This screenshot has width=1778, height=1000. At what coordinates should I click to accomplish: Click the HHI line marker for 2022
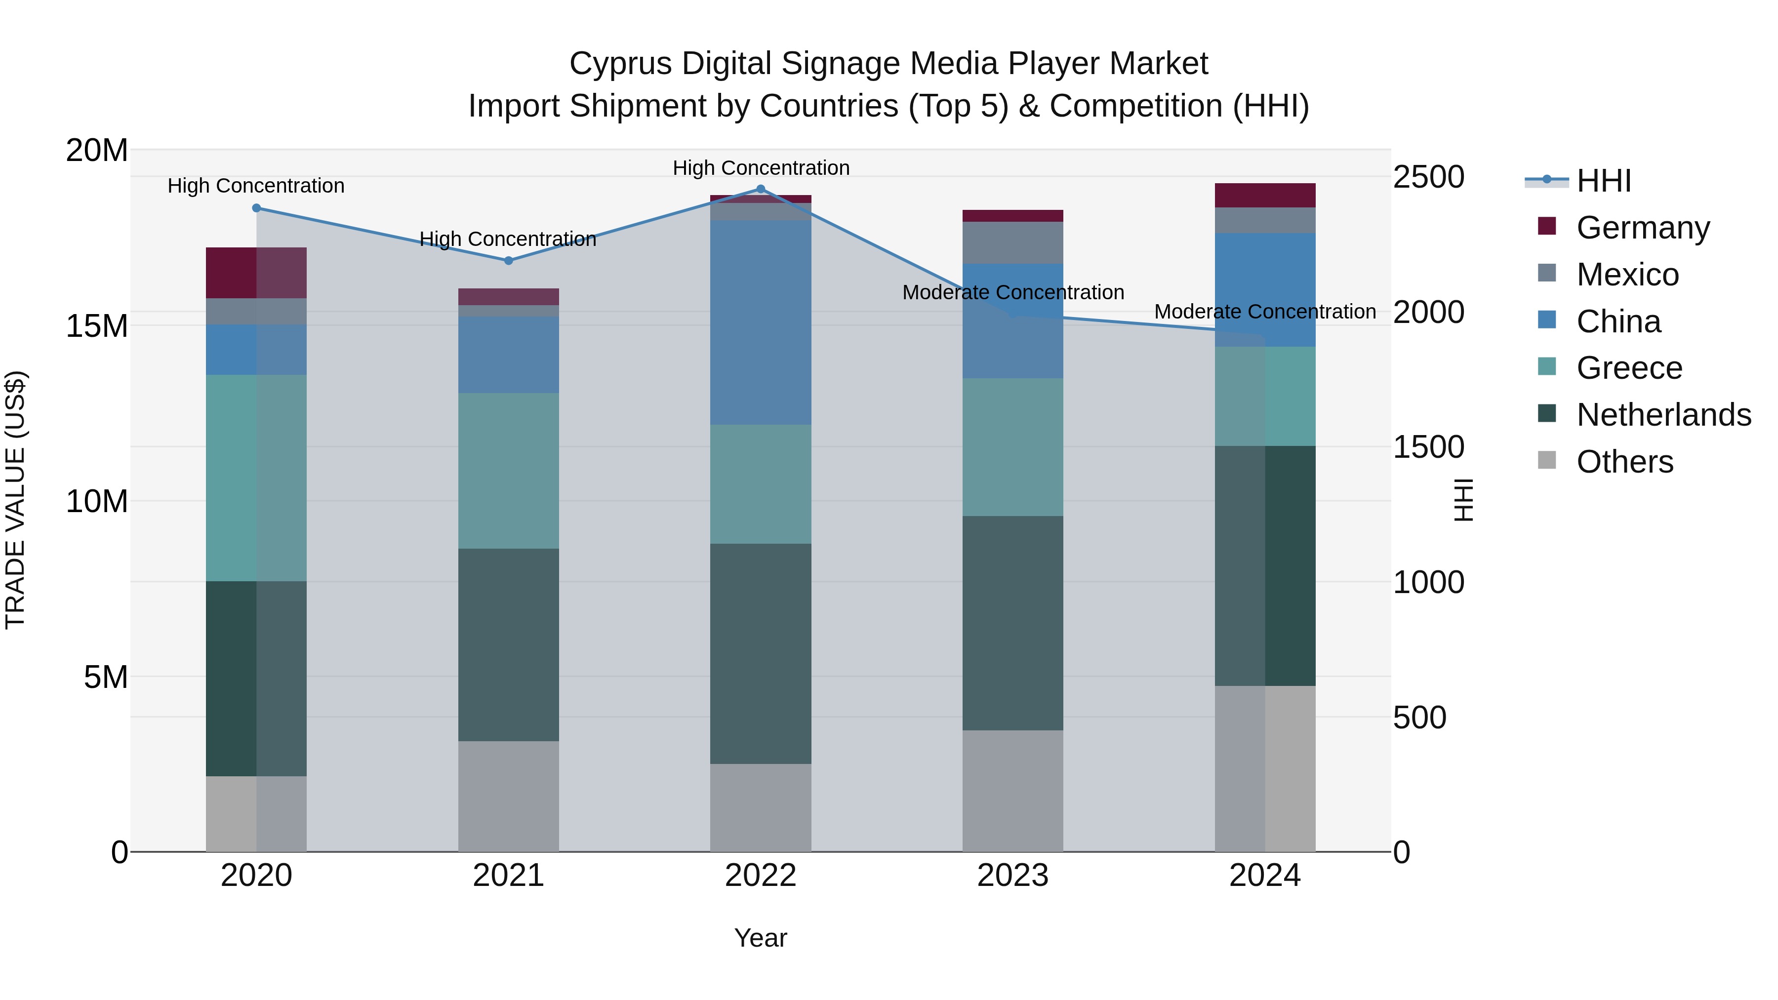tap(761, 189)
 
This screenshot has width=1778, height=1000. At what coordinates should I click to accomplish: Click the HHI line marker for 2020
tap(256, 208)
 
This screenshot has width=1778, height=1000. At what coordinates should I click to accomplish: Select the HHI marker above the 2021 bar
tap(509, 261)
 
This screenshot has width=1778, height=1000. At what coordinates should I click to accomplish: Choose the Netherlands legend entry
tap(1663, 415)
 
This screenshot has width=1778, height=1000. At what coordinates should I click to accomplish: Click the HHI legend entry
tap(1603, 181)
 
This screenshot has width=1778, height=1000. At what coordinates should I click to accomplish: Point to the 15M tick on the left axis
tap(97, 326)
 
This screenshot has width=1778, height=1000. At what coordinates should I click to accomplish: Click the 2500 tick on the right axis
tap(1427, 177)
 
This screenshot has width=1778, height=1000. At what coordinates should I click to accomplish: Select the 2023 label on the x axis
tap(1012, 876)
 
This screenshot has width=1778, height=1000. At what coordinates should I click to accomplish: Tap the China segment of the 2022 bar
tap(761, 322)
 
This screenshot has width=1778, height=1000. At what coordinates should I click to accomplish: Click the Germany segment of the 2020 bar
tap(256, 273)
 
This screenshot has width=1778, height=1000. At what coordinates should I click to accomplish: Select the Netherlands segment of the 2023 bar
tap(1012, 623)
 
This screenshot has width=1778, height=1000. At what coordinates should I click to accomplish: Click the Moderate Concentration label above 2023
tap(1012, 293)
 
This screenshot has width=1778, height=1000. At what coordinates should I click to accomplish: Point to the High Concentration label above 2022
tap(761, 168)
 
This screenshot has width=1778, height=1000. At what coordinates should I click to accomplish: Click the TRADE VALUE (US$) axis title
tap(15, 500)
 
